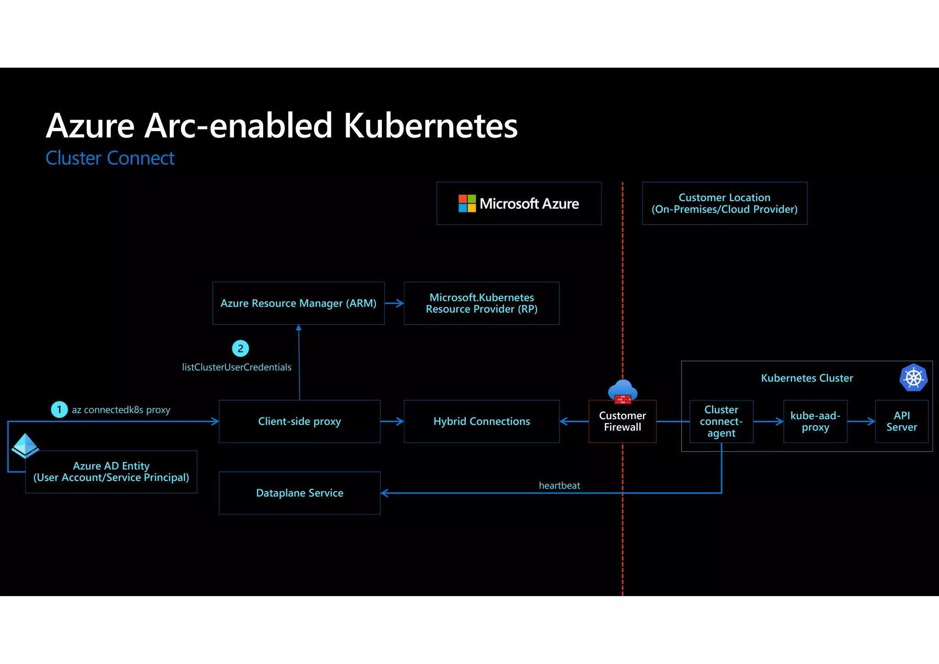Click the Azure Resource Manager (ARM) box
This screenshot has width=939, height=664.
click(x=298, y=303)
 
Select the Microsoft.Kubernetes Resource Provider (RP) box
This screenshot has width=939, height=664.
click(x=481, y=303)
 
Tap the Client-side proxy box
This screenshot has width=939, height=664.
click(x=299, y=421)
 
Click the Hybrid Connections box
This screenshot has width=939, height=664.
click(x=481, y=421)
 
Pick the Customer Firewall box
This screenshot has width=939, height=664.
click(x=622, y=421)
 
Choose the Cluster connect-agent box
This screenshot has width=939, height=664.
click(x=721, y=421)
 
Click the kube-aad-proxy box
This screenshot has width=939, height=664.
click(x=815, y=421)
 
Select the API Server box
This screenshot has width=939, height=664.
click(x=901, y=421)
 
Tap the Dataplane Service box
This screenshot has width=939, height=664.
click(x=299, y=493)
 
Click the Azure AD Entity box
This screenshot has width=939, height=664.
click(x=111, y=471)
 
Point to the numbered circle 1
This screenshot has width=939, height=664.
click(x=59, y=409)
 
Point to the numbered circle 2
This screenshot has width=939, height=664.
click(x=240, y=349)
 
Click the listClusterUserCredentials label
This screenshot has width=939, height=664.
click(x=237, y=367)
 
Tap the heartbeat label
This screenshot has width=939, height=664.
click(x=559, y=485)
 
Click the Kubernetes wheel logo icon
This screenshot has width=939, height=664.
click(x=913, y=378)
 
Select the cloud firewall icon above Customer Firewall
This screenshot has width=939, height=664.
click(x=622, y=391)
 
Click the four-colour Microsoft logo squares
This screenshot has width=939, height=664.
click(x=467, y=203)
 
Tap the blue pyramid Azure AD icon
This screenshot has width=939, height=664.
click(x=25, y=445)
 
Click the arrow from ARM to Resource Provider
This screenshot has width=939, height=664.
click(x=394, y=303)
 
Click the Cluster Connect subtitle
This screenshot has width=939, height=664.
click(x=110, y=158)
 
